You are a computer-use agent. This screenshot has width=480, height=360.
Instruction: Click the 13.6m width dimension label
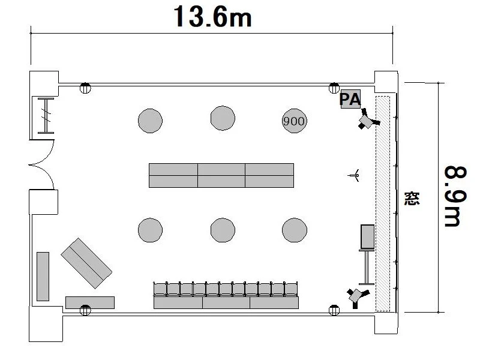click(x=212, y=17)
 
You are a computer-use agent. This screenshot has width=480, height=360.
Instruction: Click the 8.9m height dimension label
click(x=456, y=196)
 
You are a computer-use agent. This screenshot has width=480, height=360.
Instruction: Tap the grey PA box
click(x=350, y=99)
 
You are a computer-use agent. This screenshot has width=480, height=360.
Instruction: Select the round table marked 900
click(x=294, y=121)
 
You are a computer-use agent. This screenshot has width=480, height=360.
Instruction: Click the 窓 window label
click(x=412, y=199)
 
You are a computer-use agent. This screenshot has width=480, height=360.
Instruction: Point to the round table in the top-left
click(x=151, y=121)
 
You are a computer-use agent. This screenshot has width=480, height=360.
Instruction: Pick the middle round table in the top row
click(x=223, y=118)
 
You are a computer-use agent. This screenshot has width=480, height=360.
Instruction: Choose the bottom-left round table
click(x=151, y=230)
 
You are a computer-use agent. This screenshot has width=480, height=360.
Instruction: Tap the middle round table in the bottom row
click(x=223, y=230)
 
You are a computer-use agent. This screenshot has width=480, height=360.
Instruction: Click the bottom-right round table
click(x=294, y=230)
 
